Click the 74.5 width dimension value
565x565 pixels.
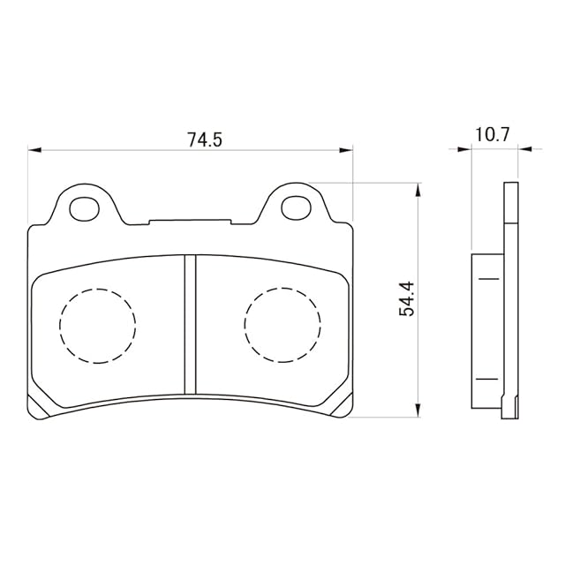[x=204, y=139]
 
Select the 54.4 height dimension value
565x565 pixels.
[x=407, y=299]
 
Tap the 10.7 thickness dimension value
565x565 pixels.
[x=493, y=135]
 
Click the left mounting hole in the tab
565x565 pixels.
[x=85, y=208]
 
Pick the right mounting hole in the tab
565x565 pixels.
[x=297, y=208]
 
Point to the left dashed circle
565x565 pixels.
[x=98, y=326]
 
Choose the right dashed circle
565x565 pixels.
[x=282, y=325]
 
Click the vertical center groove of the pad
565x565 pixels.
[x=190, y=324]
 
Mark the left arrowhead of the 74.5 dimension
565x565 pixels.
[x=34, y=150]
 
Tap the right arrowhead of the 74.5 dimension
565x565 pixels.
[x=346, y=150]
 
